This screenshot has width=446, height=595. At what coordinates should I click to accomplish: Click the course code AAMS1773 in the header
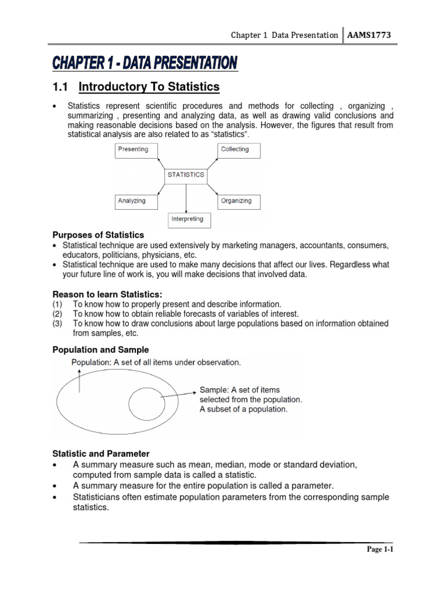(368, 35)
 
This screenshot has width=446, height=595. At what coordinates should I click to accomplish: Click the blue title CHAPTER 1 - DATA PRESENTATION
(145, 62)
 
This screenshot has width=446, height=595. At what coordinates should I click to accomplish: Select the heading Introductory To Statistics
(149, 87)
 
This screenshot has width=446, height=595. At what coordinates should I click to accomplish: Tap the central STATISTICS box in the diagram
(185, 175)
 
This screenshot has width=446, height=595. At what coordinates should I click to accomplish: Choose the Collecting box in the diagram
(238, 150)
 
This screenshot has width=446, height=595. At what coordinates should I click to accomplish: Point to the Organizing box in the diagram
(239, 201)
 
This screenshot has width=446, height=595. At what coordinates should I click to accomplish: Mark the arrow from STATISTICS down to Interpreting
(186, 198)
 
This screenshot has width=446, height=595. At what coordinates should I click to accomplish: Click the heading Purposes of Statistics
(98, 235)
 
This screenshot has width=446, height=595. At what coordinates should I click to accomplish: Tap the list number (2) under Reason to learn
(58, 314)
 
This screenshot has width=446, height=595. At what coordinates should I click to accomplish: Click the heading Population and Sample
(100, 350)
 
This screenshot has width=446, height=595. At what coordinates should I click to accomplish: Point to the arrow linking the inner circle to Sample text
(178, 393)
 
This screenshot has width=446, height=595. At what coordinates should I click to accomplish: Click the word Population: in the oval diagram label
(91, 363)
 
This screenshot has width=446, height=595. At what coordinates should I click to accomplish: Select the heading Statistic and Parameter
(101, 453)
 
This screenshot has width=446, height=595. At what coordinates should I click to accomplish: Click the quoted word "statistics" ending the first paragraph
(218, 134)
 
